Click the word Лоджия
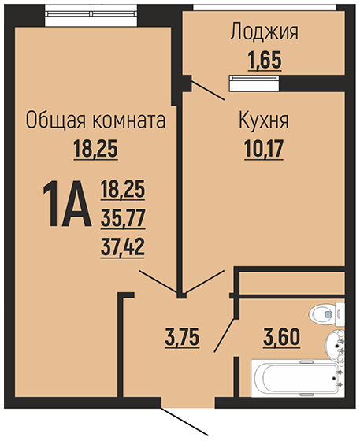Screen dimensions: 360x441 point(265,33)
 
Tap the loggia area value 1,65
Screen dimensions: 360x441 point(265,60)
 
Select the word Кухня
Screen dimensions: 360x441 point(264,121)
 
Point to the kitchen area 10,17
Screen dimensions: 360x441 point(264,149)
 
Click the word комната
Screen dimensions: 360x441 point(129,120)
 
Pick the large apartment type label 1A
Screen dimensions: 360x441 point(67,204)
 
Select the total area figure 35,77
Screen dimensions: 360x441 point(123,217)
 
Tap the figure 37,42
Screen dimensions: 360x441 point(123,246)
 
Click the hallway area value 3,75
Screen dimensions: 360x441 point(182,338)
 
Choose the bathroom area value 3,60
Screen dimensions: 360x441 point(281,338)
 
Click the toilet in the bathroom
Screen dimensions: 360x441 point(327,314)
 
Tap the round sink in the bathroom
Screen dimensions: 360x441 point(335,345)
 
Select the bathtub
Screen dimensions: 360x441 point(298,378)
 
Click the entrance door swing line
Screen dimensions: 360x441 point(185,421)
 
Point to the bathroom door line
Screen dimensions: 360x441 point(225,335)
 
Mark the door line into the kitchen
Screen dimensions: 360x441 point(203,282)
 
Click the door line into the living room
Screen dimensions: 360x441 point(158,281)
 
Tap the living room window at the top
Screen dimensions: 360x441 point(91,14)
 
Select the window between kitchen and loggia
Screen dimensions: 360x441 point(254,83)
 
